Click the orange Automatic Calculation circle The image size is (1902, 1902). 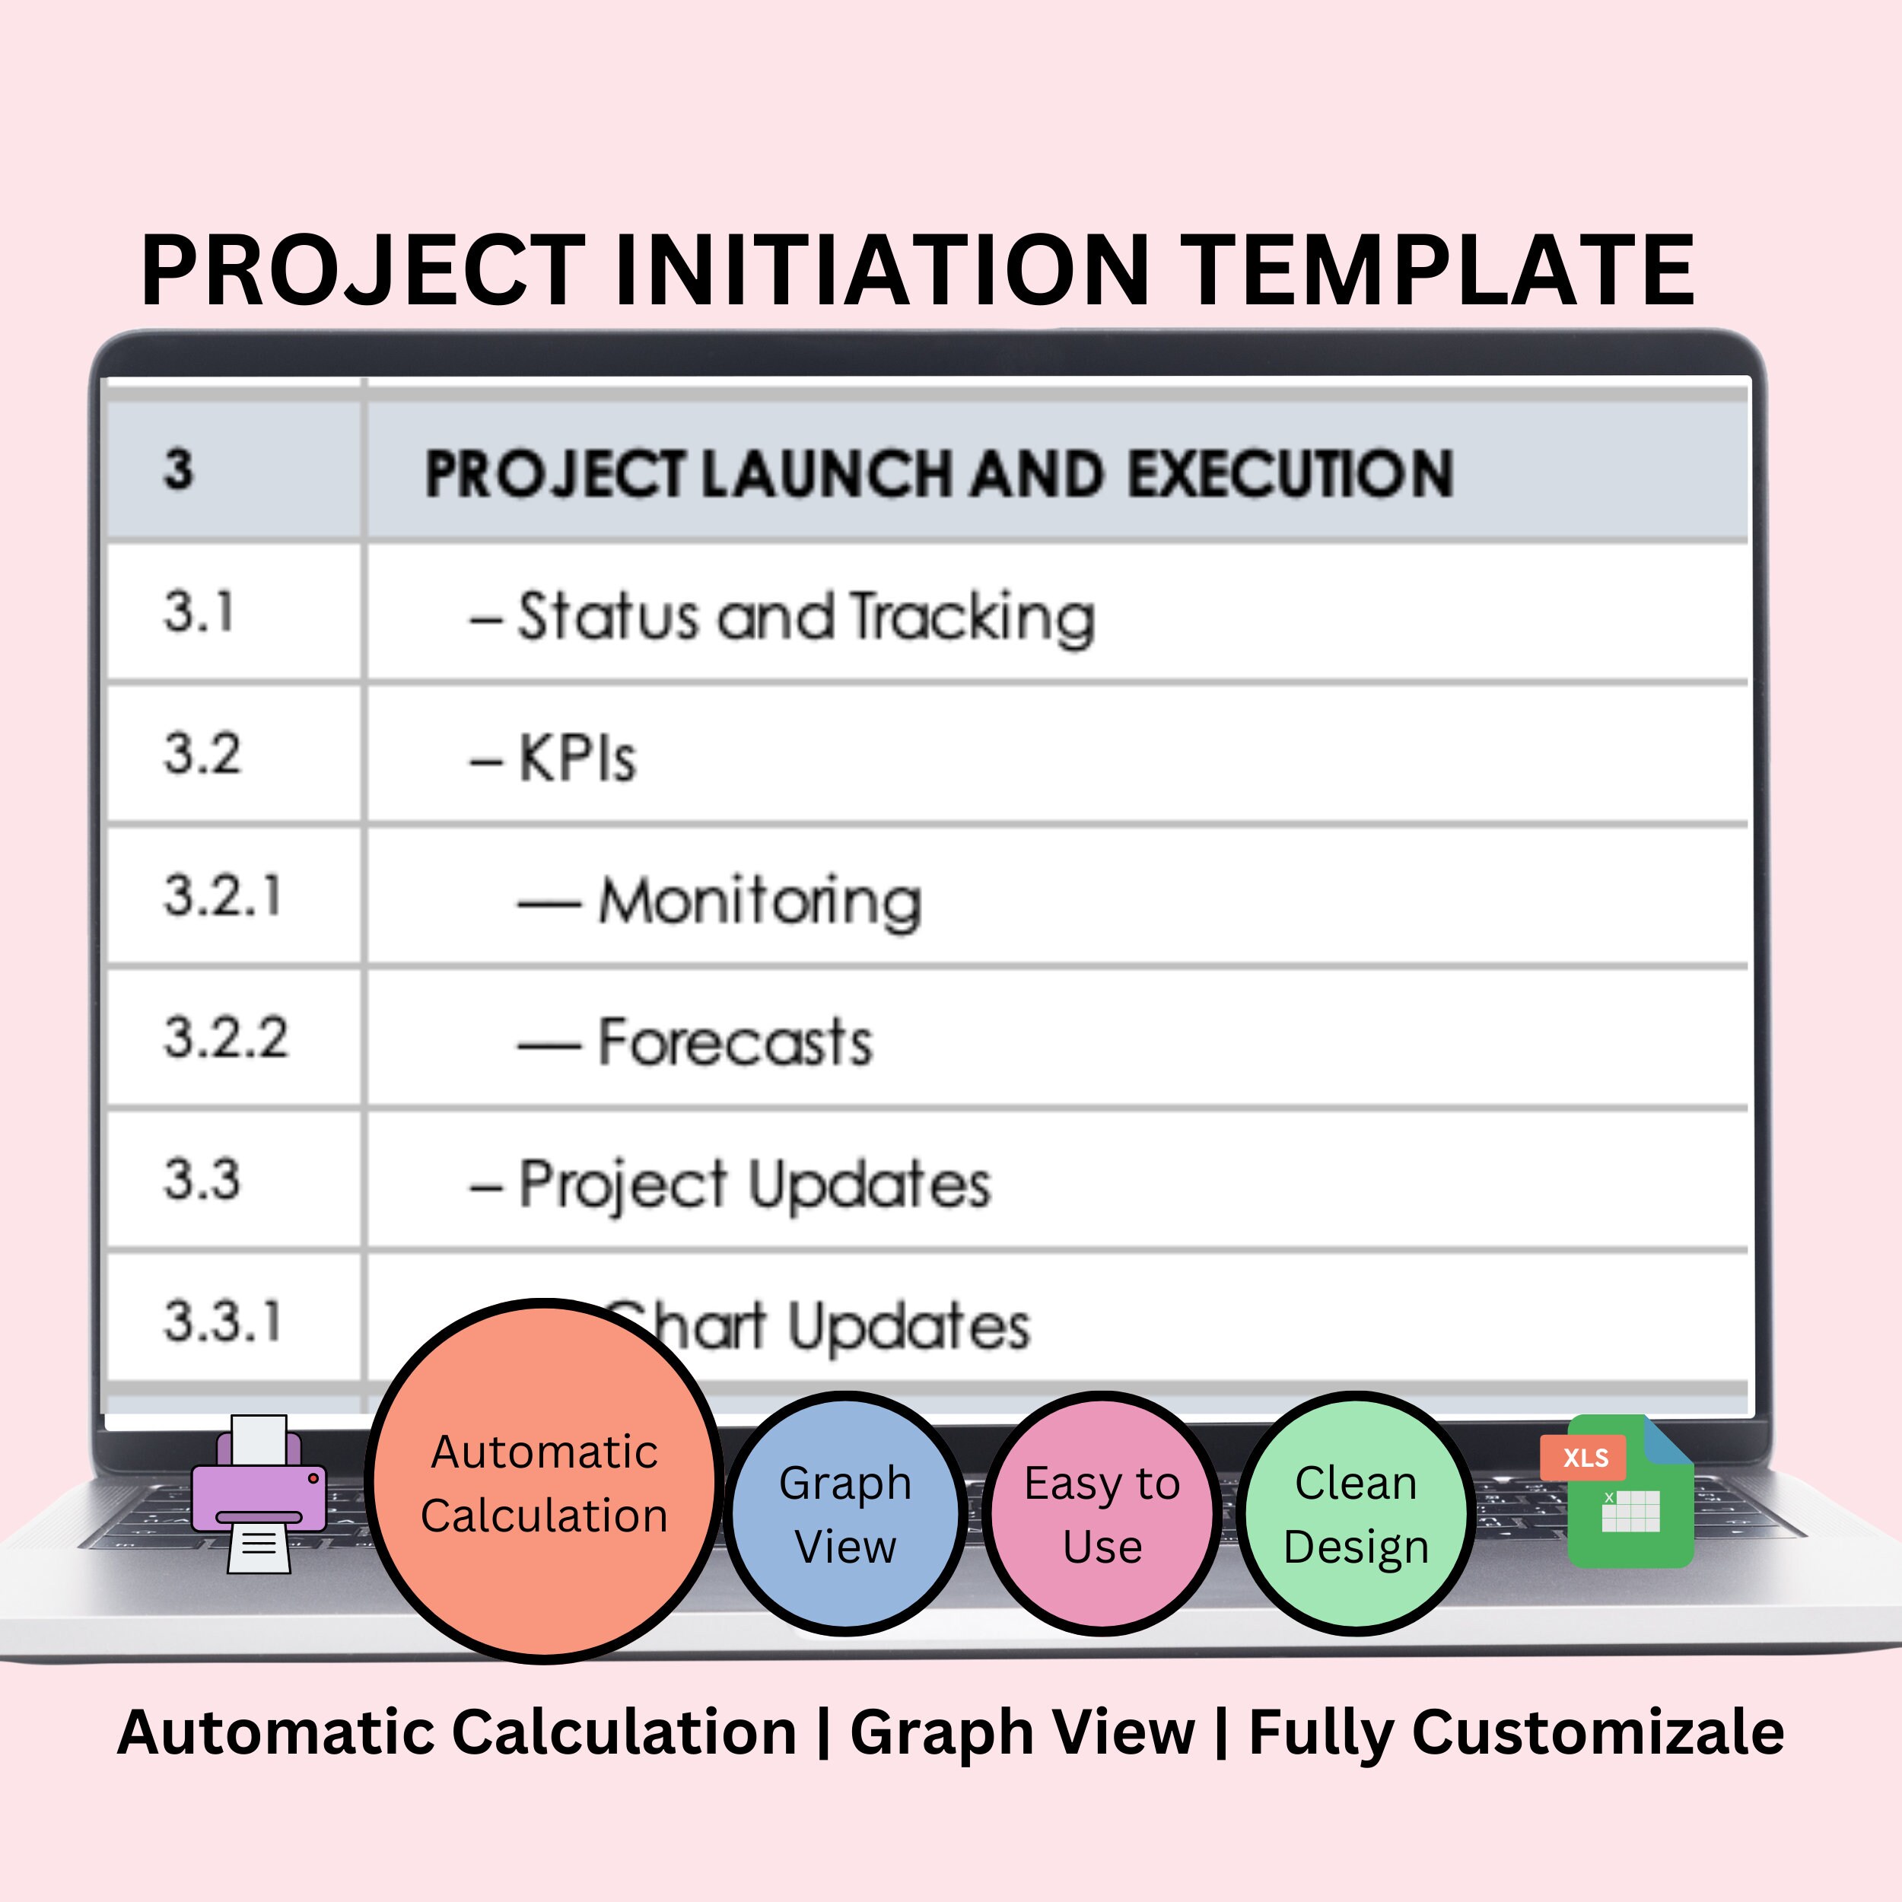pos(545,1481)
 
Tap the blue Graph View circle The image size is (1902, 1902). pos(844,1513)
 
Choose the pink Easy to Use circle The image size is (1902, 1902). pos(1102,1513)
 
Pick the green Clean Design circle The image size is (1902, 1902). pos(1356,1513)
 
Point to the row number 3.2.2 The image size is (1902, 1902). pos(225,1038)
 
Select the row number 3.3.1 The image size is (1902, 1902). pos(222,1322)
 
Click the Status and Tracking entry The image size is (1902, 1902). pos(805,617)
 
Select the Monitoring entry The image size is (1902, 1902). pos(759,901)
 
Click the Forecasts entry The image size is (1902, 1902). pos(734,1042)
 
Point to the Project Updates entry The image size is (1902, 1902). pos(753,1185)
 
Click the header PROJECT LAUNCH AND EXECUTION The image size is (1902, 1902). pos(938,475)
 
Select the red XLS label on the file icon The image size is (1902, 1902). pos(1585,1458)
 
